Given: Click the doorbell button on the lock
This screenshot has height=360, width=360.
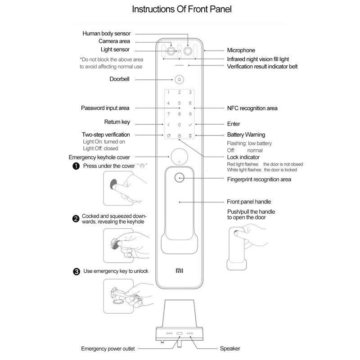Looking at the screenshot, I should pos(179,80).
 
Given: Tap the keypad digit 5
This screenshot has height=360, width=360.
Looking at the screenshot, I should pos(179,103).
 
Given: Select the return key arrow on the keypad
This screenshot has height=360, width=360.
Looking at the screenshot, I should pos(168,124).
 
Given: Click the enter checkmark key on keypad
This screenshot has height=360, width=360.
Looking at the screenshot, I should pos(190,124).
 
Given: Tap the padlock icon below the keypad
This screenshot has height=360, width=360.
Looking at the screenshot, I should pos(179,135).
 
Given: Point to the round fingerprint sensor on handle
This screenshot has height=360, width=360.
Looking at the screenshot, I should pos(179,178).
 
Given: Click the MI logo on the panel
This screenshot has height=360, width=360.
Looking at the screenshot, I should pos(179,271).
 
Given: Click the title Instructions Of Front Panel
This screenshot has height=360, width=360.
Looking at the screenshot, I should pos(182,9).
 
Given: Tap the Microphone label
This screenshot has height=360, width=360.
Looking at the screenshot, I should pos(241,50).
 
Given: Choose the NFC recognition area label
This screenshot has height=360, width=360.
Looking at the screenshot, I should pos(252,108).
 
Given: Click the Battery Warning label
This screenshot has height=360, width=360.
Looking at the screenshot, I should pos(246,135).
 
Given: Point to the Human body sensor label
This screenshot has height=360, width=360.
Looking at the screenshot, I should pos(106,33).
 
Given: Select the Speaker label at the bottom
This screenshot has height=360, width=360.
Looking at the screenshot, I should pos(229,348).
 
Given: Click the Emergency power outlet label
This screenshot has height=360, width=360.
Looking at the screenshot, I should pos(108,348).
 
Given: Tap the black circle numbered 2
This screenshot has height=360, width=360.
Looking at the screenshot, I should pos(76,219).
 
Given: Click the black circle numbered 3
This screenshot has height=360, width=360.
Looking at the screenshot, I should pos(76,271).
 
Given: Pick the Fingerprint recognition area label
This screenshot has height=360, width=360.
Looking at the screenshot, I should pos(259,179).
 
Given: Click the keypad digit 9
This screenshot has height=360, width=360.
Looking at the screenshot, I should pos(190,114).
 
